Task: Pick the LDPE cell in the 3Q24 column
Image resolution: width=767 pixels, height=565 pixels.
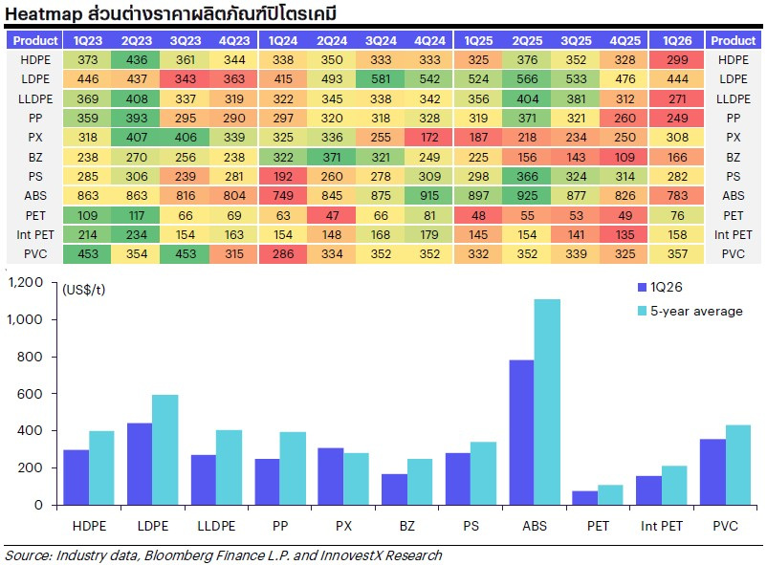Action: coord(381,79)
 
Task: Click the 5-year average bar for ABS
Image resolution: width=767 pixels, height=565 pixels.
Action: coord(547,402)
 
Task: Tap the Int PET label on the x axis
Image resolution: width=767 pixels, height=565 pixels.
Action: coord(662,525)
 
